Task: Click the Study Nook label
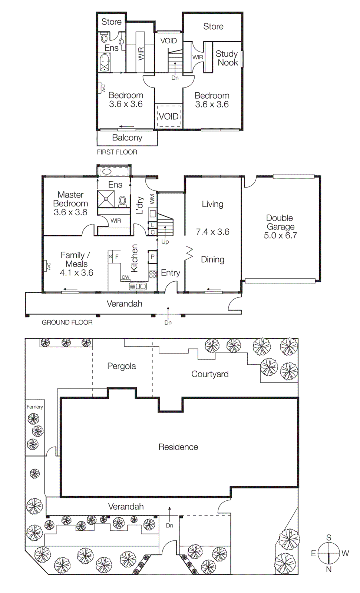coord(227,58)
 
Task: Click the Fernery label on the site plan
coord(34,407)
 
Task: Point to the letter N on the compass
coord(328,570)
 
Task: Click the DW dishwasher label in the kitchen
coord(126,277)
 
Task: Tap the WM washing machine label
coord(152,199)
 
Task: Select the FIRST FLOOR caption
coord(117,152)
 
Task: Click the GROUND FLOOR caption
coord(67,322)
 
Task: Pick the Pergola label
coord(121,366)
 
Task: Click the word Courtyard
coord(210,374)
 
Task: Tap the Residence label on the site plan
coord(178,447)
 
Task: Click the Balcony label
coord(127,138)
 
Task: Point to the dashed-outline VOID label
coord(169,116)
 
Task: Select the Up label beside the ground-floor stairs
coord(165,242)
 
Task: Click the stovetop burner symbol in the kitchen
coord(152,275)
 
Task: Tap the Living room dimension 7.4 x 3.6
coord(212,232)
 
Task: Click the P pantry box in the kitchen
coord(152,256)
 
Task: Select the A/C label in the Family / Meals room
coord(48,266)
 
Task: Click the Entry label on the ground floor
coord(170,273)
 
